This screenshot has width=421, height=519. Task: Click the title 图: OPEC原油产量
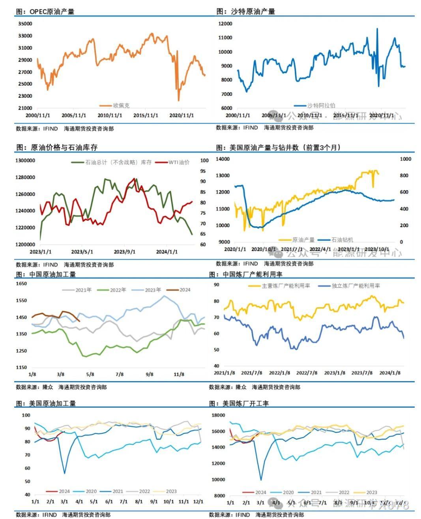coord(45,11)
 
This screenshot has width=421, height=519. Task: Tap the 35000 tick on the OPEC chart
coord(25,24)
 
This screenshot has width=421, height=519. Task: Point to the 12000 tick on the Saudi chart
coord(225,24)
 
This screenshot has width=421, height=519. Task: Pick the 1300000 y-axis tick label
coord(25,161)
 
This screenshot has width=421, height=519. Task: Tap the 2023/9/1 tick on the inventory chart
coord(124,252)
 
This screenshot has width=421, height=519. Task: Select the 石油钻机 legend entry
coord(342,239)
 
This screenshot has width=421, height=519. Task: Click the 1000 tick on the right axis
coord(406,159)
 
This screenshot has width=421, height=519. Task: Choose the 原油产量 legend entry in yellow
coord(303,239)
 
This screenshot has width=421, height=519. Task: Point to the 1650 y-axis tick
coord(21,284)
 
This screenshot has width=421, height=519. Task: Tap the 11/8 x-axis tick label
coord(179,374)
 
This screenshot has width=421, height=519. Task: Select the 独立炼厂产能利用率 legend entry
coord(356,286)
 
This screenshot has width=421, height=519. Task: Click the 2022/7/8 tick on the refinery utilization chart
coord(307,373)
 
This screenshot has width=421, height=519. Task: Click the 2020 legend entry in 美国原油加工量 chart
coord(91,491)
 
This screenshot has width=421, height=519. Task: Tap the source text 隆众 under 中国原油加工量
coord(48,387)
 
